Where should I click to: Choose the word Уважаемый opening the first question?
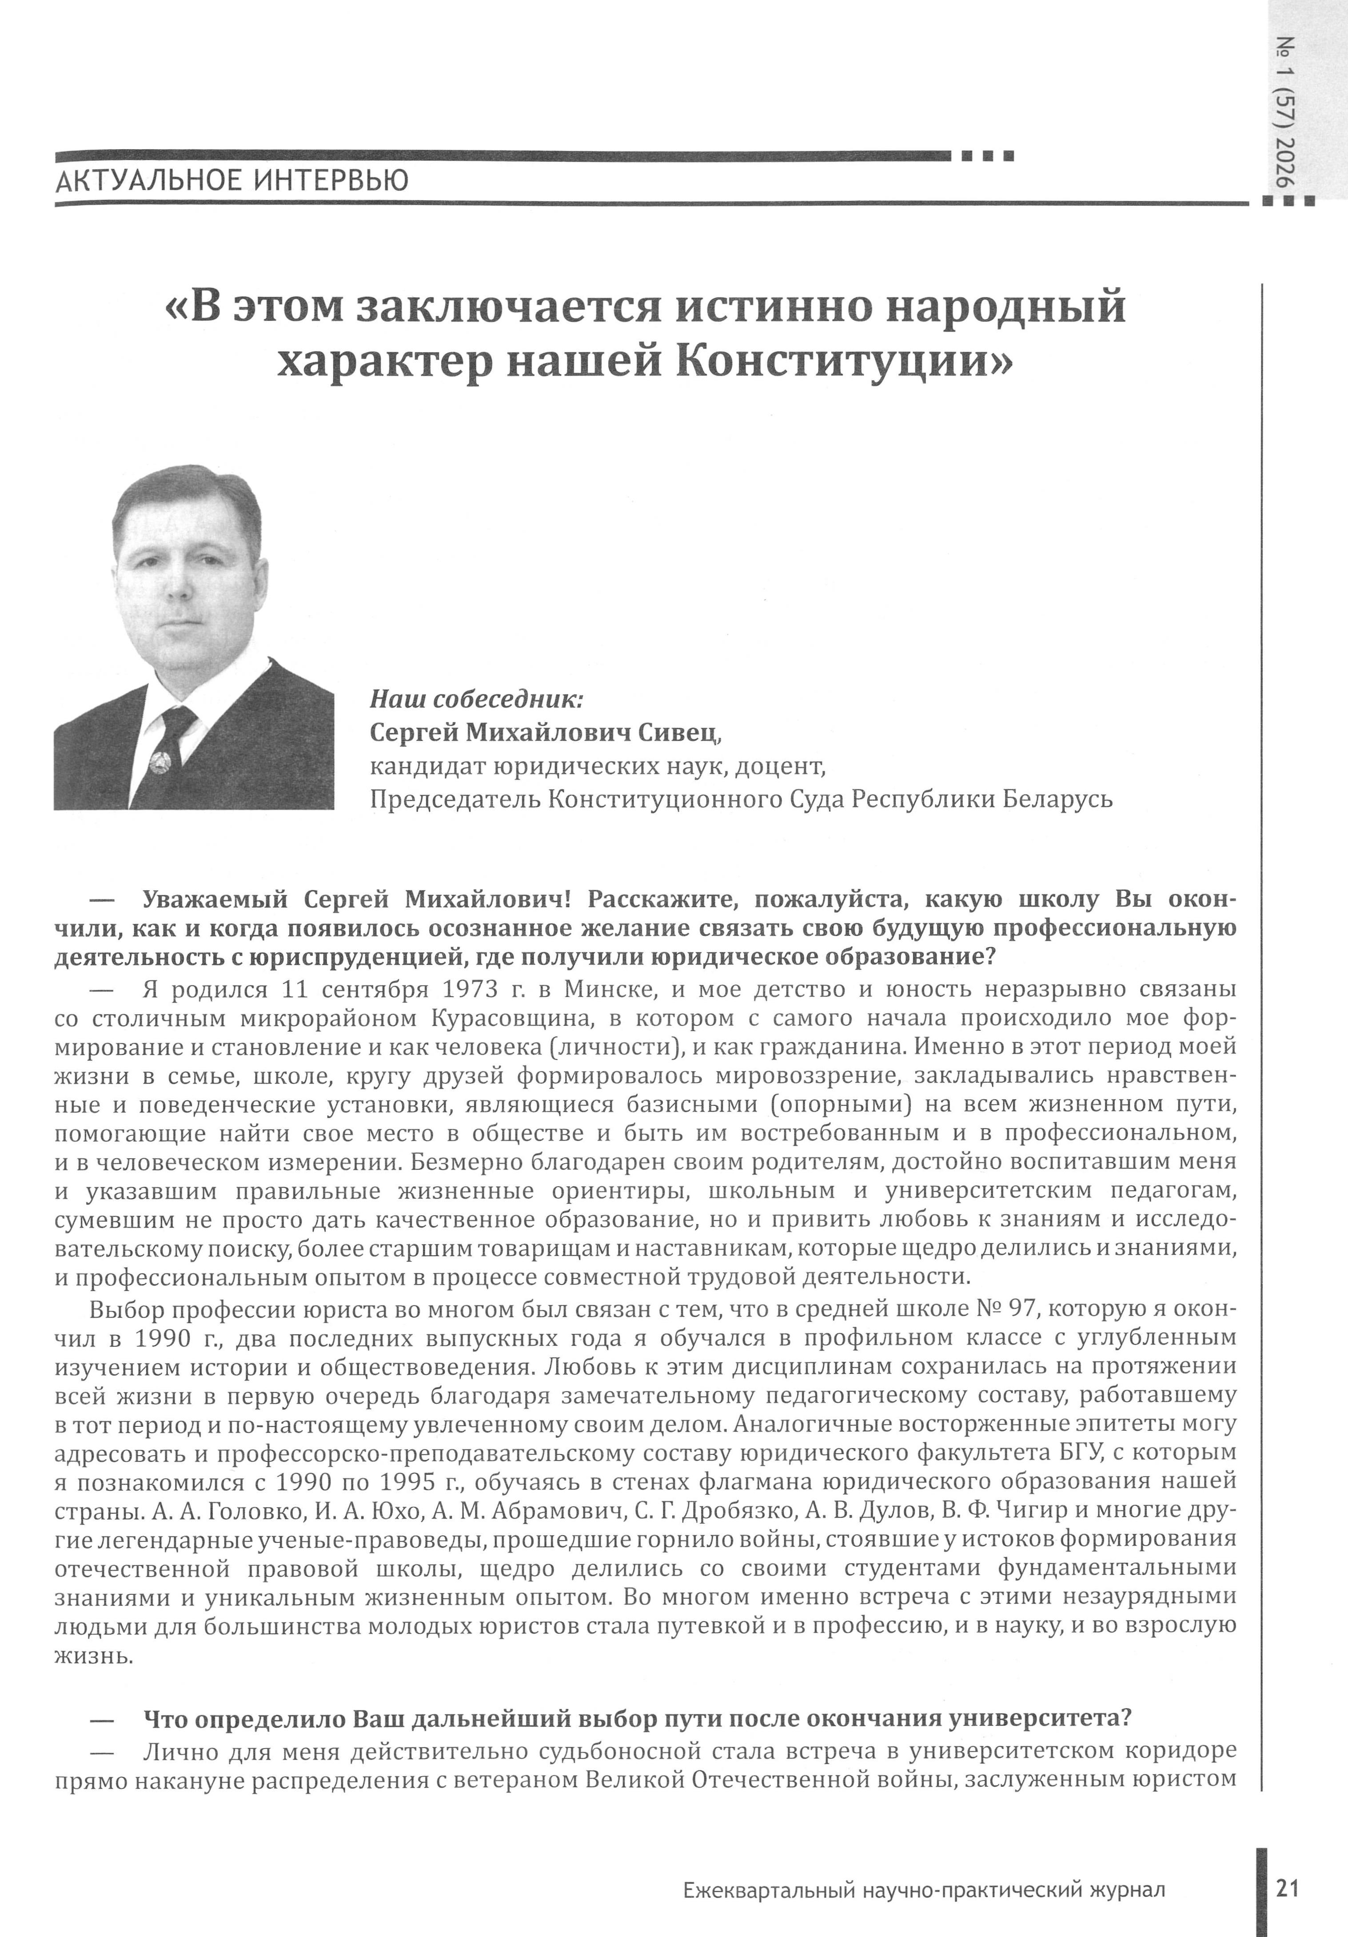(215, 899)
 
